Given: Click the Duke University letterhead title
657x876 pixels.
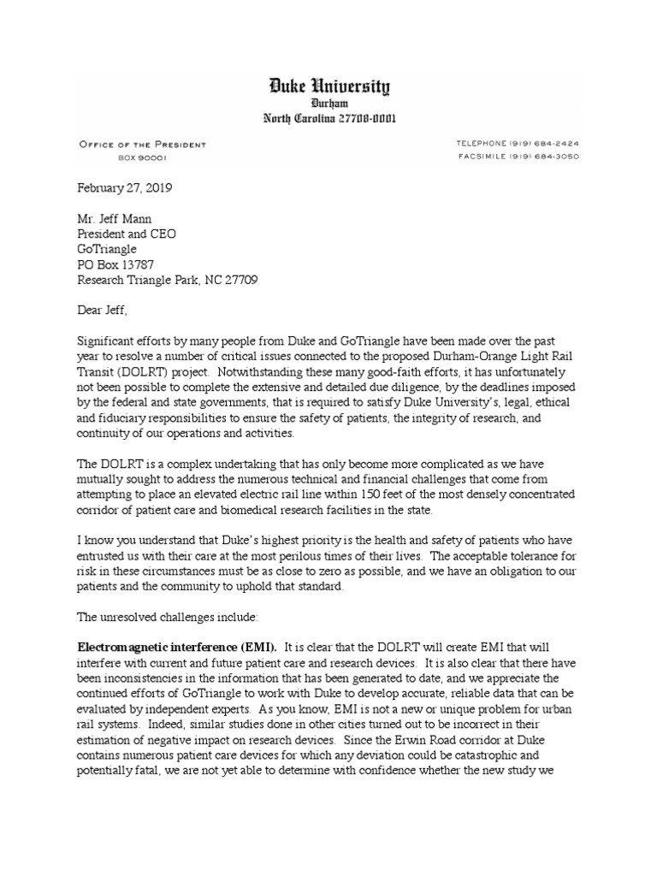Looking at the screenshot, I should point(328,86).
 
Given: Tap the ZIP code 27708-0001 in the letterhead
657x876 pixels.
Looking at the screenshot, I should point(360,118).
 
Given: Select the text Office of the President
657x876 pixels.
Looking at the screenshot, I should point(142,145).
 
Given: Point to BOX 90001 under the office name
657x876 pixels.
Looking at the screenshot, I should point(142,157).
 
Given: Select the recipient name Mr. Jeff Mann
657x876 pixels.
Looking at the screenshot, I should point(115,219).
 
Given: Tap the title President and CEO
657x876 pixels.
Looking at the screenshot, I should point(128,234).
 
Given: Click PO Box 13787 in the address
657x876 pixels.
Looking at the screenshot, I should point(116,264).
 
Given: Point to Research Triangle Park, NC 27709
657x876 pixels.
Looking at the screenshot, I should point(168,280).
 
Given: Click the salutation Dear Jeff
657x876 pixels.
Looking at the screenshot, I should point(105,311).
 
